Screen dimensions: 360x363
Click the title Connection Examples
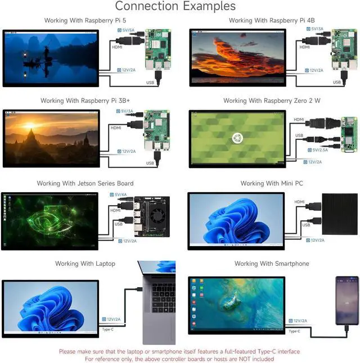[175, 6]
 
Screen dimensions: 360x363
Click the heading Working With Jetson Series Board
[85, 184]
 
